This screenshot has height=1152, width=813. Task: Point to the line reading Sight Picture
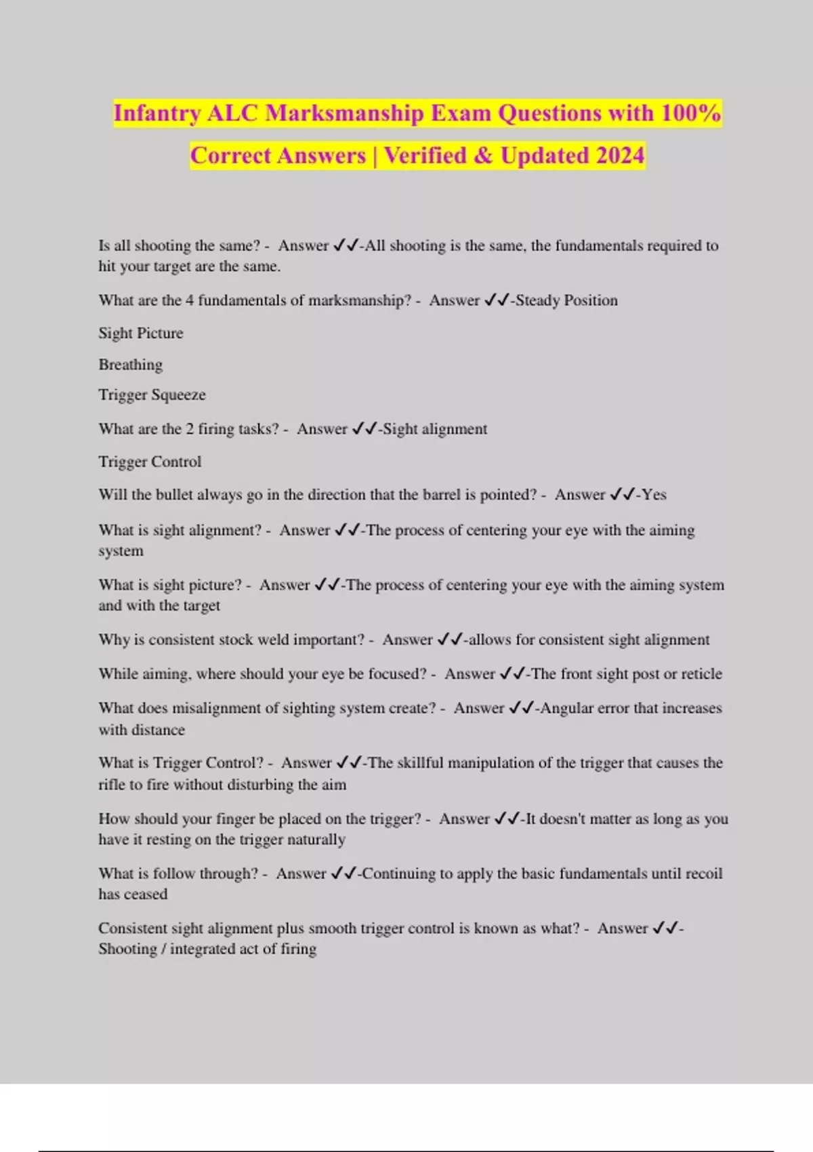pos(141,333)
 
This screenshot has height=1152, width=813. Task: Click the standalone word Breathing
pos(131,365)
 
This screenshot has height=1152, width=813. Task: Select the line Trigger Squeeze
pos(152,394)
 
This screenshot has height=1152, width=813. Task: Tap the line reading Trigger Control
pos(150,461)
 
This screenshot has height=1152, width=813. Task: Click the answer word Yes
pos(654,495)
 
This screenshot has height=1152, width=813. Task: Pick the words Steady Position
pos(566,300)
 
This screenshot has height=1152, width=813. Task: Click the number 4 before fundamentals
pos(190,300)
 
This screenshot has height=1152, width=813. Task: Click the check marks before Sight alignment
pos(364,429)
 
